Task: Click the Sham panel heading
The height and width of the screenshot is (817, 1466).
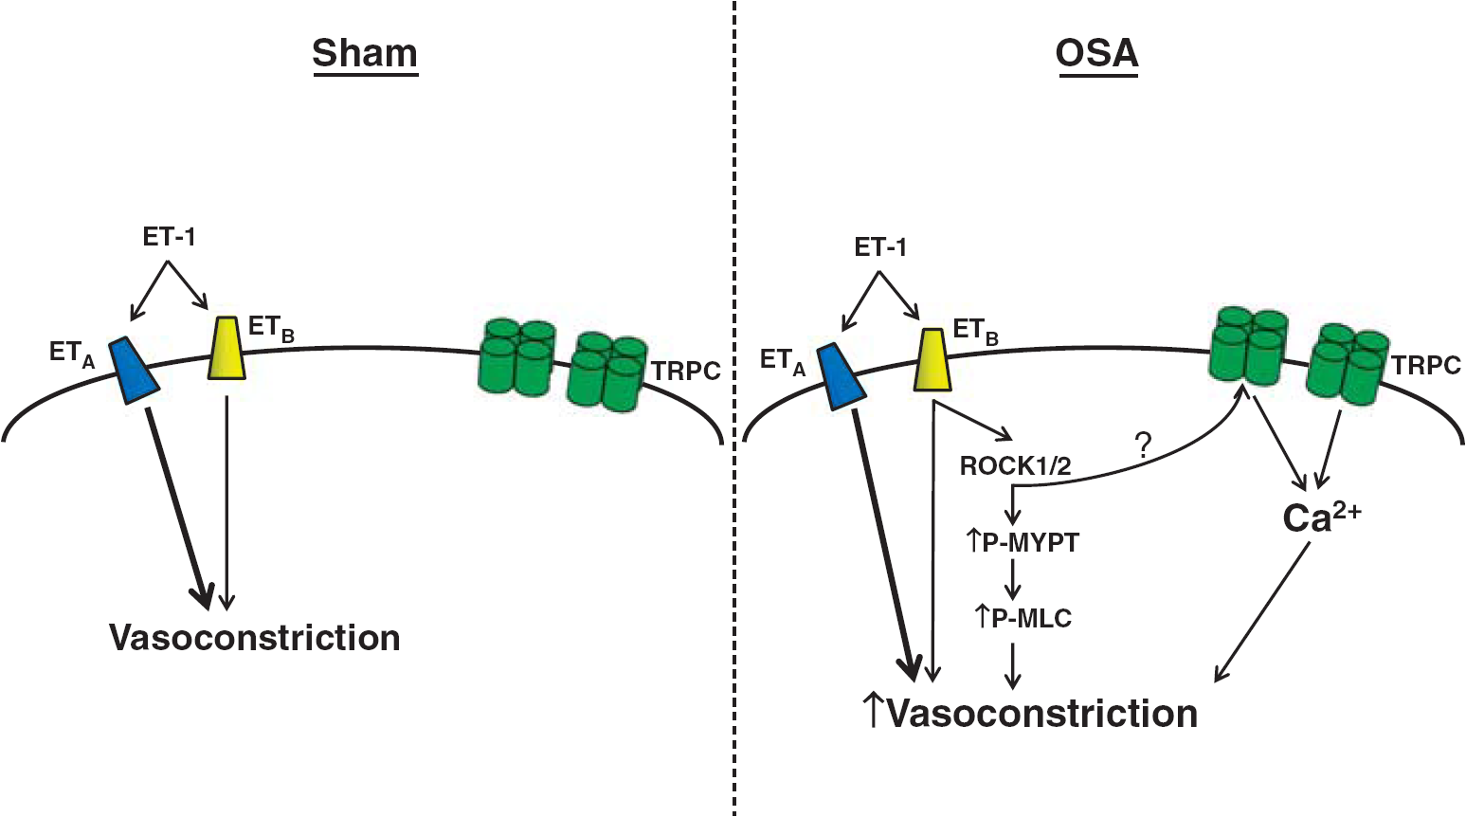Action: pyautogui.click(x=365, y=53)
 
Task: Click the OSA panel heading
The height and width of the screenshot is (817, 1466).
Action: pyautogui.click(x=1096, y=53)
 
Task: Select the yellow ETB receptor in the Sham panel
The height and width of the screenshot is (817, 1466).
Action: pyautogui.click(x=226, y=348)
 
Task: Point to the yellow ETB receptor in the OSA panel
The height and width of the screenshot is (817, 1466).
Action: pyautogui.click(x=932, y=359)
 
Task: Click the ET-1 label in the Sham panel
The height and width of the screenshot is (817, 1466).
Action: pyautogui.click(x=169, y=237)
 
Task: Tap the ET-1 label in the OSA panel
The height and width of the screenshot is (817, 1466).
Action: pyautogui.click(x=880, y=247)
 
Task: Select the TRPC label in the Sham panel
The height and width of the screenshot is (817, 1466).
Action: pyautogui.click(x=686, y=372)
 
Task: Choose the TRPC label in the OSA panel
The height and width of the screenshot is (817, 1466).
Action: pyautogui.click(x=1426, y=365)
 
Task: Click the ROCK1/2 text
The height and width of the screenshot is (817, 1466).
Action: pyautogui.click(x=1016, y=466)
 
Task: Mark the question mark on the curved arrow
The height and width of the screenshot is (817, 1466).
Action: pyautogui.click(x=1144, y=447)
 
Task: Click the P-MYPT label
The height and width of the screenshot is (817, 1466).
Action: pyautogui.click(x=1023, y=543)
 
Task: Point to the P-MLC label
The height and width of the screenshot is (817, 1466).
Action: pyautogui.click(x=1023, y=618)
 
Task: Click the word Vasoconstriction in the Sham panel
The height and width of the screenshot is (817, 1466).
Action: pyautogui.click(x=255, y=638)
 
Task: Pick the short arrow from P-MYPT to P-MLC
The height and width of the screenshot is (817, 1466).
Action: pyautogui.click(x=1013, y=578)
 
